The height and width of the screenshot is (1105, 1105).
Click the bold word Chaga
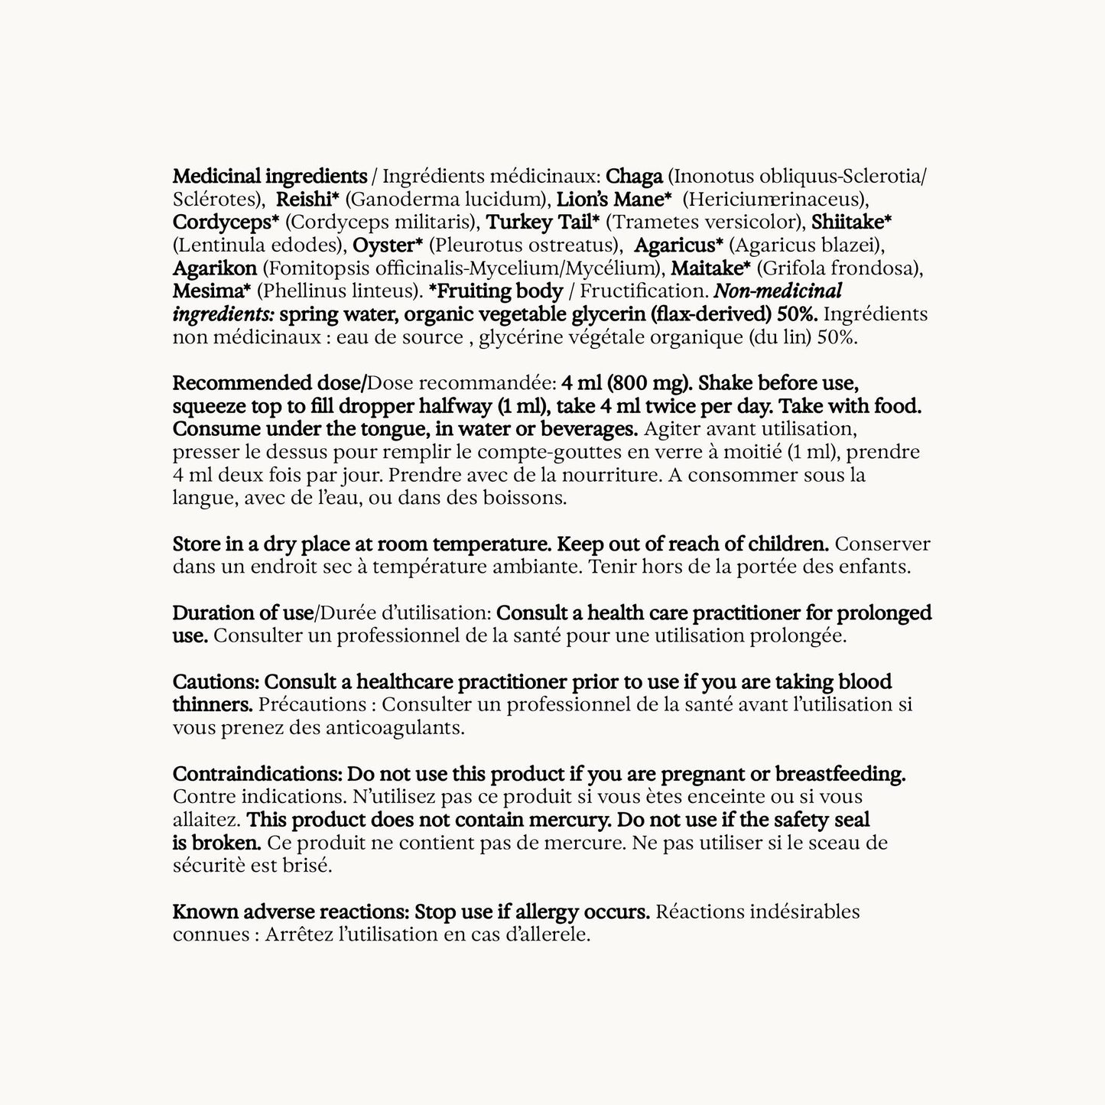[x=634, y=177]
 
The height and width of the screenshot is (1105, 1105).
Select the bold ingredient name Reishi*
[x=307, y=200]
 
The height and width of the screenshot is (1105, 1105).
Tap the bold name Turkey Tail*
[x=543, y=223]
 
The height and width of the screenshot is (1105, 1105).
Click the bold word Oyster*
[x=388, y=245]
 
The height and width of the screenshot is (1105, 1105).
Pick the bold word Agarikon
[x=215, y=268]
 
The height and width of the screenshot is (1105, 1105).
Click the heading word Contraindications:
[x=253, y=773]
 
